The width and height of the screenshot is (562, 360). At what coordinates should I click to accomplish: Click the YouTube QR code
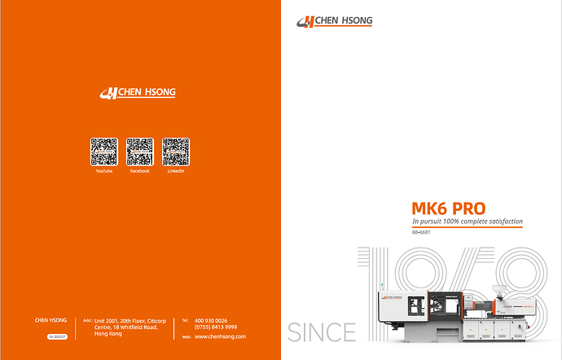103,151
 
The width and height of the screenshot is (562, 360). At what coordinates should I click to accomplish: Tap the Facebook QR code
140,151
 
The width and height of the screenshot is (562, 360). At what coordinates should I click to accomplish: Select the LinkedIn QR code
176,151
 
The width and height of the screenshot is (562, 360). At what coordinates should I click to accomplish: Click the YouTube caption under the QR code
103,171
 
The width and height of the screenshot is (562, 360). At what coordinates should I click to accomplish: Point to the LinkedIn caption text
176,171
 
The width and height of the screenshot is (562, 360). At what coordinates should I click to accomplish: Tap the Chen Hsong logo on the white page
334,22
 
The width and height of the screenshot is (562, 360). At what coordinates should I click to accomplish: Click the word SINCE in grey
322,332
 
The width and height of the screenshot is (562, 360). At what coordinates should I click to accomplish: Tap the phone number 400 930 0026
211,320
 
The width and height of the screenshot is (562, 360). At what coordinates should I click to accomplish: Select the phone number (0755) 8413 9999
216,327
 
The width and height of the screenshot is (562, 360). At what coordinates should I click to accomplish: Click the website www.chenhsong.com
220,336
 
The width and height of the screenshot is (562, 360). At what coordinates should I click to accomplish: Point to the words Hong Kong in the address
109,334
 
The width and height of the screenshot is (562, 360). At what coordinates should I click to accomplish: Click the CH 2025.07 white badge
57,336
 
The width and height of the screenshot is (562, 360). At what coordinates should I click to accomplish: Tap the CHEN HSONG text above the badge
51,321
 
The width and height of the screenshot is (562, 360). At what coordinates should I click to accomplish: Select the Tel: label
185,321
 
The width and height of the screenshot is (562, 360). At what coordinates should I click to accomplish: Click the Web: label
186,336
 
